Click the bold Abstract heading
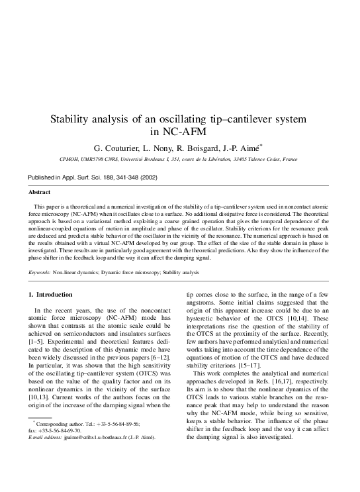pyautogui.click(x=39, y=192)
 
